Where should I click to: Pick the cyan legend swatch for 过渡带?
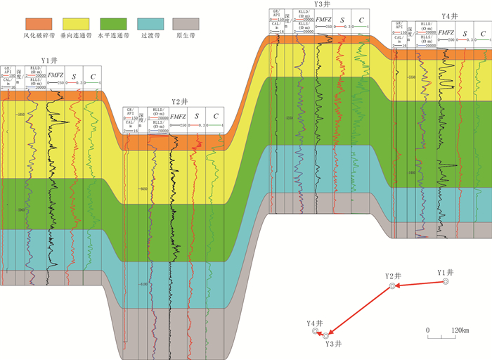click(155, 24)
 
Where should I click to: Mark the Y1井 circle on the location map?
click(445, 281)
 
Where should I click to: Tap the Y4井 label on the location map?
click(315, 323)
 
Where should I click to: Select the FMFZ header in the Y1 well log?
click(56, 75)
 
